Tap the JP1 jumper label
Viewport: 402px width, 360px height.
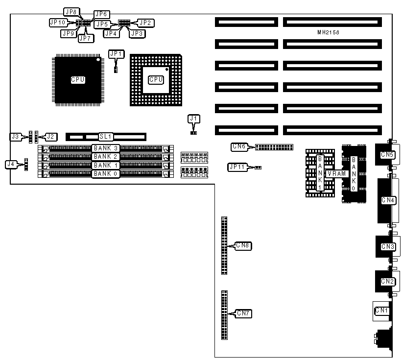pyautogui.click(x=117, y=54)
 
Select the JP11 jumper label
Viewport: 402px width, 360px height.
pyautogui.click(x=236, y=167)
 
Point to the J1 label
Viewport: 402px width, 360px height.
pyautogui.click(x=194, y=119)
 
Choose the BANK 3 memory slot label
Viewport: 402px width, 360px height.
pyautogui.click(x=106, y=148)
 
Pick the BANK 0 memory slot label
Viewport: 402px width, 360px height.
pyautogui.click(x=106, y=173)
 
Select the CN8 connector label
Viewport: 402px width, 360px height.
pyautogui.click(x=243, y=245)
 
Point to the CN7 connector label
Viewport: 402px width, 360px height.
pyautogui.click(x=243, y=313)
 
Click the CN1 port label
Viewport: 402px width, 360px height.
pyautogui.click(x=381, y=311)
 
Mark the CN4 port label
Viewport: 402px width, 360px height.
pyautogui.click(x=388, y=200)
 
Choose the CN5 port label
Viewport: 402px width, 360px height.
pyautogui.click(x=387, y=155)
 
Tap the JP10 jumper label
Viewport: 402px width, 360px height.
pyautogui.click(x=57, y=22)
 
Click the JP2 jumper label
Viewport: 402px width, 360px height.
pyautogui.click(x=145, y=22)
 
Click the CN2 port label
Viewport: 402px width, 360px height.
pyautogui.click(x=387, y=281)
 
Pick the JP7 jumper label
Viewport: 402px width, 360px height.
pyautogui.click(x=85, y=38)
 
